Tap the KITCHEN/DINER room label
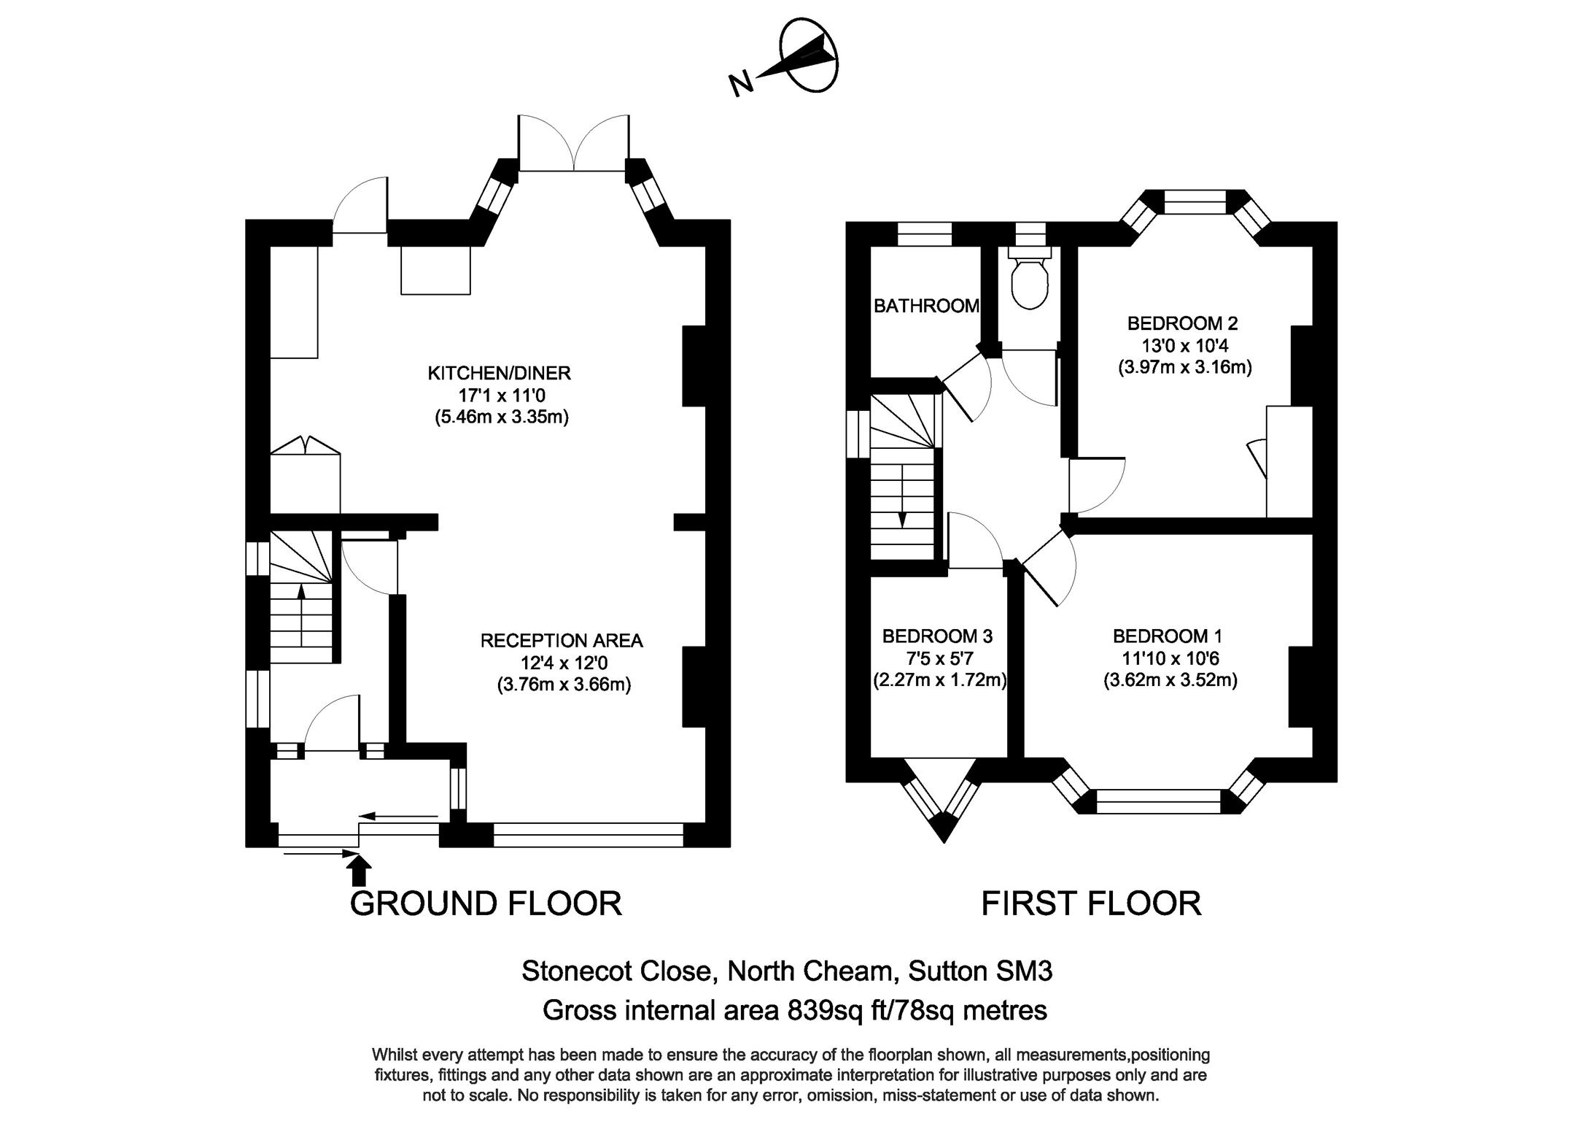[499, 374]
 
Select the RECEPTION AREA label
[562, 641]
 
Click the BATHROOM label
[926, 306]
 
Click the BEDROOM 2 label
[1182, 323]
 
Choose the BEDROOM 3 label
[937, 636]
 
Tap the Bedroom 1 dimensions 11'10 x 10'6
[1170, 658]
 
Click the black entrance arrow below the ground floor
[359, 871]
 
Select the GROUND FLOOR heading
[486, 904]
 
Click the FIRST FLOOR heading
[1091, 904]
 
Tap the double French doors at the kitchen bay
[574, 143]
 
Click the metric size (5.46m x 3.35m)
[502, 417]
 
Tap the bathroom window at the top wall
[925, 234]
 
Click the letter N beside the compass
[741, 84]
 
